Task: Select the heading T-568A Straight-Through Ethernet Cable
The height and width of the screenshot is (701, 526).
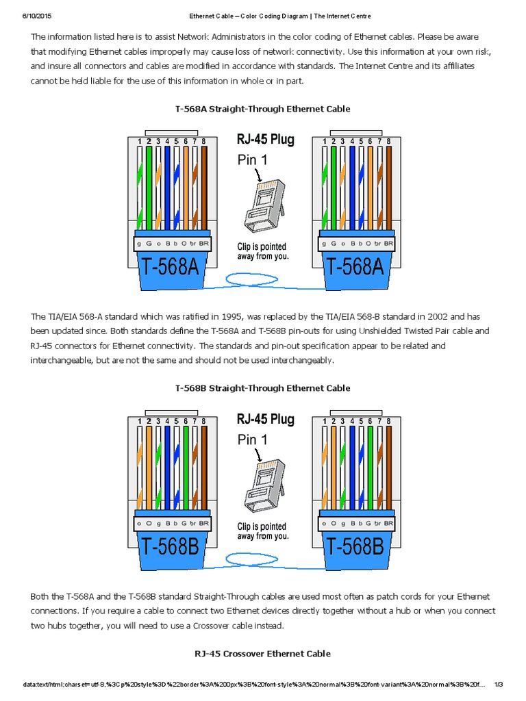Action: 262,109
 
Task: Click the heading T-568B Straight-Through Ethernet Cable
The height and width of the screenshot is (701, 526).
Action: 262,388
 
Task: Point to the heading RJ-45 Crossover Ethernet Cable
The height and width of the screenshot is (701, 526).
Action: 262,654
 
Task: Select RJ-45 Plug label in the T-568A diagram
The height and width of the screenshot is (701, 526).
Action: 265,140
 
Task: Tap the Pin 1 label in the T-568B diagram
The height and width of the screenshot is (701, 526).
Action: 252,440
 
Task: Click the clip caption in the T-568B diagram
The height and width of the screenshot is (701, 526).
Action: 262,531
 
